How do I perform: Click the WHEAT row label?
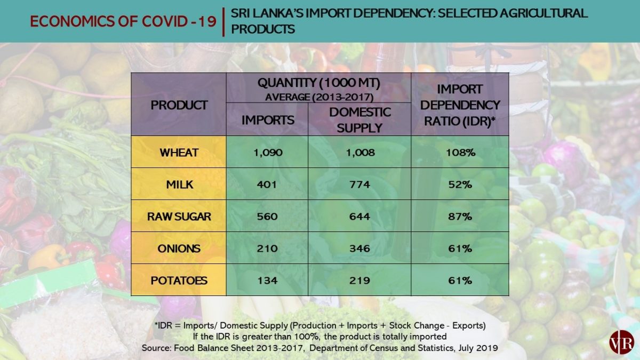click(x=179, y=153)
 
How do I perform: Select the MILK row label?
click(x=179, y=185)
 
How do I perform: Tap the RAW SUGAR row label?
click(x=179, y=217)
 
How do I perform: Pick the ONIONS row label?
click(x=179, y=249)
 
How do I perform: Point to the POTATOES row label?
click(x=179, y=281)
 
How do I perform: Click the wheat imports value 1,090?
click(x=267, y=153)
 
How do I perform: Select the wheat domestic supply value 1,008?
click(x=359, y=153)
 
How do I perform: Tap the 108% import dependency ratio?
click(x=460, y=153)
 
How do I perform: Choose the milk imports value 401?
click(x=267, y=185)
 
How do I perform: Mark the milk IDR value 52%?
click(x=460, y=185)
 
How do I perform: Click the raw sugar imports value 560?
click(x=267, y=217)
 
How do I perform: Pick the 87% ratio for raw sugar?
click(x=460, y=217)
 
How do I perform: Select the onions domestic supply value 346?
click(x=359, y=249)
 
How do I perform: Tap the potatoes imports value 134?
click(x=267, y=281)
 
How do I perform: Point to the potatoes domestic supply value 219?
click(x=359, y=281)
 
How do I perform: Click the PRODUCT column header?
click(x=179, y=105)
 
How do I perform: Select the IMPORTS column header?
click(x=267, y=120)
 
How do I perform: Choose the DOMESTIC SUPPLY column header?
click(x=359, y=120)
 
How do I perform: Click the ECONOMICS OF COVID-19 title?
click(x=123, y=21)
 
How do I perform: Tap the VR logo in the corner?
click(x=619, y=341)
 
